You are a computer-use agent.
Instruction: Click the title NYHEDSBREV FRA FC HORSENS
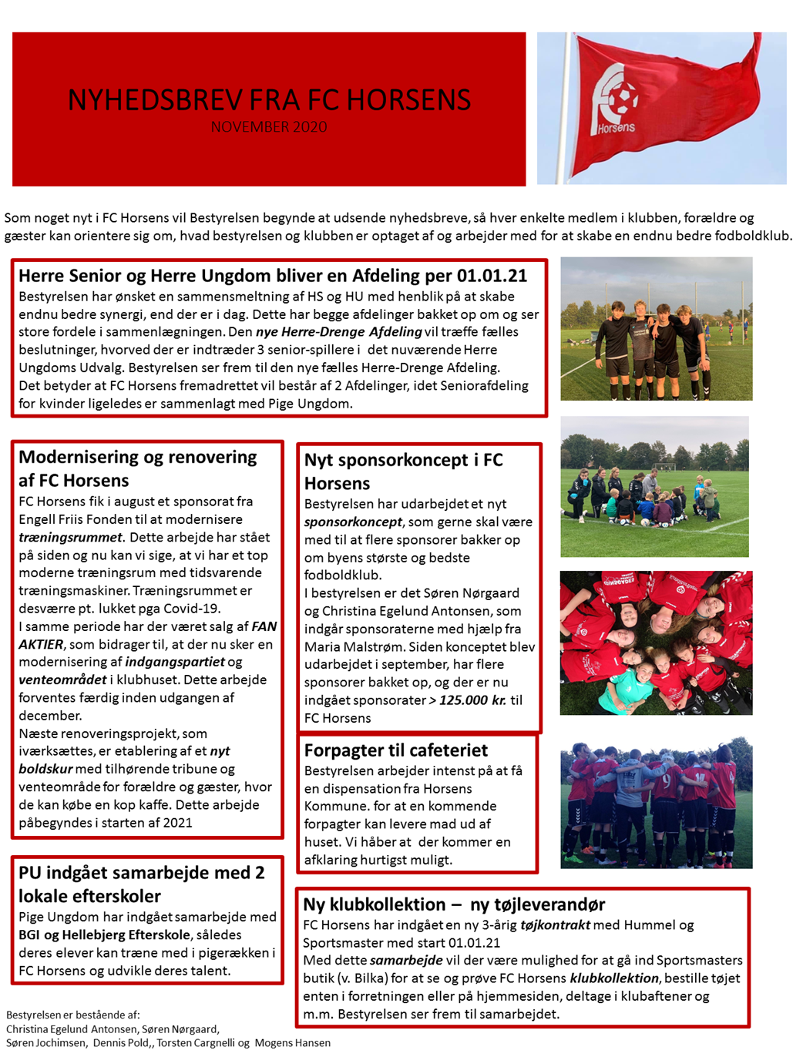(269, 100)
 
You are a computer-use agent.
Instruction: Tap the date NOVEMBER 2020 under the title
(269, 127)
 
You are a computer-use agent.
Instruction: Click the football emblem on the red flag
(617, 96)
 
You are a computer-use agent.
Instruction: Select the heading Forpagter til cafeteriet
(395, 750)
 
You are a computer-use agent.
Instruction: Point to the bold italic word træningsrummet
(70, 538)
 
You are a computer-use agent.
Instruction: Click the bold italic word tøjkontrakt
(555, 925)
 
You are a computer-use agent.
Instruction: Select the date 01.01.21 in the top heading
(492, 276)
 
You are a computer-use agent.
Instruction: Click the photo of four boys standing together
(656, 329)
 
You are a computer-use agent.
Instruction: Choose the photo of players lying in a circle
(656, 643)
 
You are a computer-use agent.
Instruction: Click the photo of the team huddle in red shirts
(656, 803)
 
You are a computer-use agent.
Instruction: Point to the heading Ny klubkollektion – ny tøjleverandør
(453, 904)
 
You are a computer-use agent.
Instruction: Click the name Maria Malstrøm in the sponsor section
(353, 647)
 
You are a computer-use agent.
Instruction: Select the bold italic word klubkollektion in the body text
(614, 978)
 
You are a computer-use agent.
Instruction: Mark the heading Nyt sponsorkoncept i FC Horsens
(403, 471)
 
